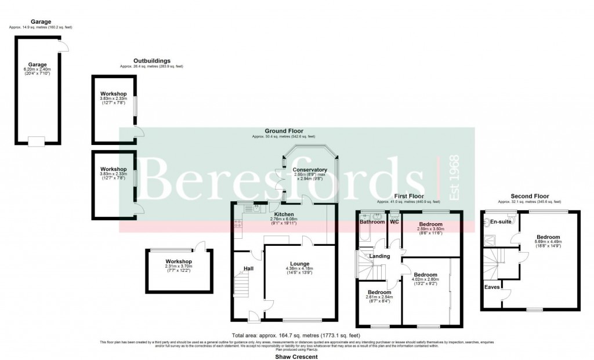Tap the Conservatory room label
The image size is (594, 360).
[x=306, y=169]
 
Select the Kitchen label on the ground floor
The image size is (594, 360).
[x=284, y=214]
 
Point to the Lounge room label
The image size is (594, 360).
[x=299, y=264]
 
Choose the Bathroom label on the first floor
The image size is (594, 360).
[x=372, y=222]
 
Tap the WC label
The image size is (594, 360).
[x=394, y=222]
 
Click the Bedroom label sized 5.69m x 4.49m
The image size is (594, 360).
[x=548, y=237]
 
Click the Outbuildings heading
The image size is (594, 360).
[x=151, y=61]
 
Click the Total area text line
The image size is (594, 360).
[x=296, y=336]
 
